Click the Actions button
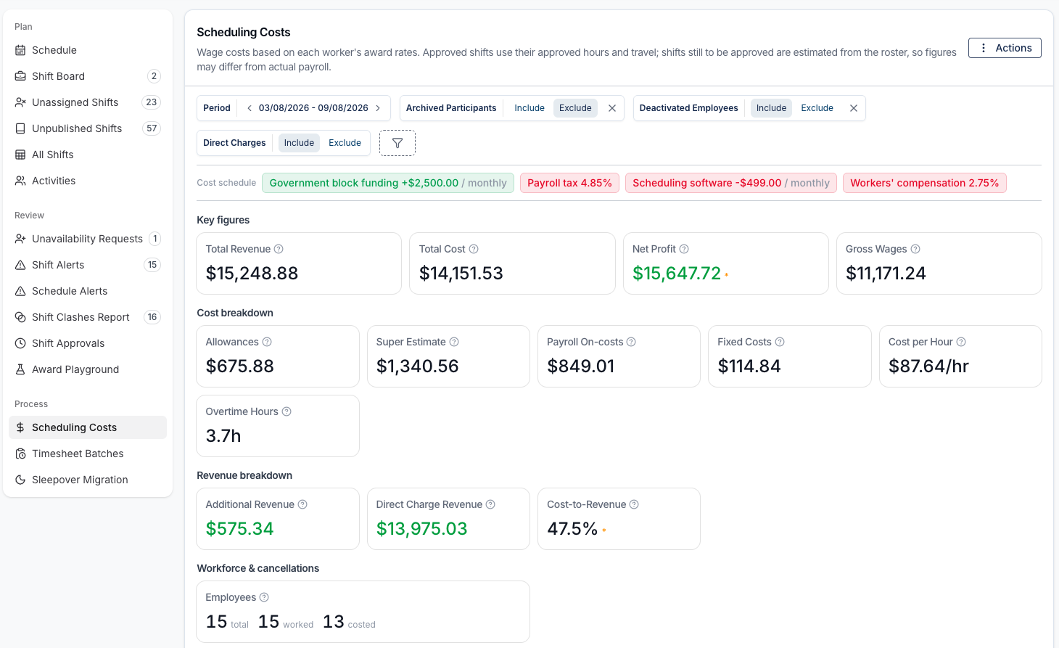1004,48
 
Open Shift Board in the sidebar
58,76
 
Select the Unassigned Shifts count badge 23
152,102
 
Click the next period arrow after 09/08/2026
378,108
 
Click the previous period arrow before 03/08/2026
249,108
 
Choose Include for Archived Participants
529,108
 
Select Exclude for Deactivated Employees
817,108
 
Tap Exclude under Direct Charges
345,143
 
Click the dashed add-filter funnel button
397,143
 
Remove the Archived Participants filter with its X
611,108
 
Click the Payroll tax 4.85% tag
569,183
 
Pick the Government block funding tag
387,183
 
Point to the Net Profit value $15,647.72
677,273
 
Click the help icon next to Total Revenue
279,249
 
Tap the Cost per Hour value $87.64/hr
928,366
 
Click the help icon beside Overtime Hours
287,411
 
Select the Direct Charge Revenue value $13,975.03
421,528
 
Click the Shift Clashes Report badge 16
152,317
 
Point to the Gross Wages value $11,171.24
886,273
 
